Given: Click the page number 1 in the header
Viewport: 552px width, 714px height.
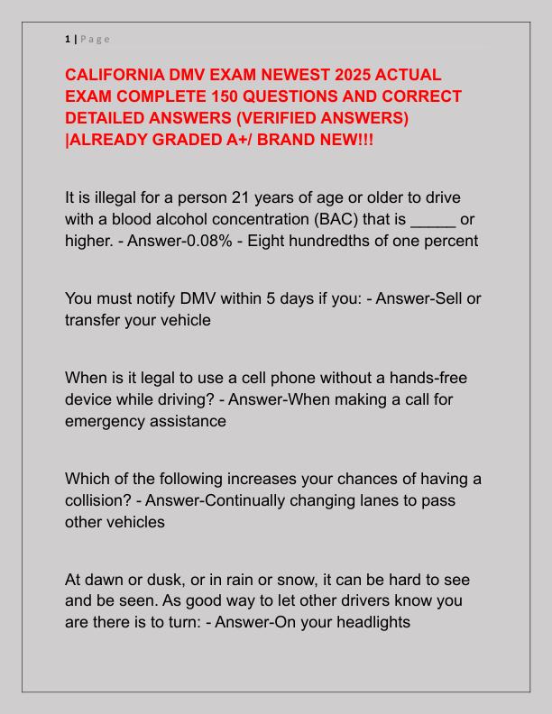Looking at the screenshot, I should (x=68, y=38).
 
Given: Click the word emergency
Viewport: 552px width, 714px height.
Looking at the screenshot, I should (x=106, y=423).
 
